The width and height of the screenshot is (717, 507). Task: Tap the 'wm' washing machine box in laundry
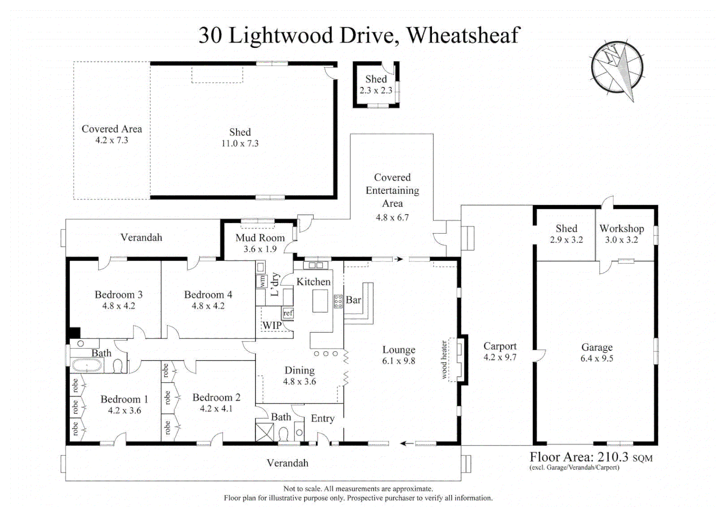click(x=262, y=281)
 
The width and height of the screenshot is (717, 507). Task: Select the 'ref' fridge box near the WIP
click(x=288, y=313)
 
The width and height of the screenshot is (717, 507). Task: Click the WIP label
click(x=272, y=325)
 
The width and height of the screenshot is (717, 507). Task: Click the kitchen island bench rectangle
click(x=320, y=300)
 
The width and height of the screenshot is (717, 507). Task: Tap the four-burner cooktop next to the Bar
click(x=338, y=301)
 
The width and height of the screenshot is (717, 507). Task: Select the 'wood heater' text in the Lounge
click(x=444, y=360)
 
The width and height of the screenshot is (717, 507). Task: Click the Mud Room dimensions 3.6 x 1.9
click(x=260, y=249)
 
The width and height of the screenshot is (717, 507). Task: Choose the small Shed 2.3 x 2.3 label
click(x=376, y=84)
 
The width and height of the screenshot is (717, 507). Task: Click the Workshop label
click(x=622, y=228)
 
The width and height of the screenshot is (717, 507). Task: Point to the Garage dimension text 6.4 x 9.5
click(x=597, y=358)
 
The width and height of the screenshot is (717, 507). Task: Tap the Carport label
click(x=500, y=346)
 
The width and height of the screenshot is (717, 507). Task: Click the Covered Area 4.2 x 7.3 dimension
click(x=112, y=140)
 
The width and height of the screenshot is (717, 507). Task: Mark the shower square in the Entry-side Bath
click(x=264, y=432)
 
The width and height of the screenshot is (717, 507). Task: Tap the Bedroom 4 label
click(x=208, y=294)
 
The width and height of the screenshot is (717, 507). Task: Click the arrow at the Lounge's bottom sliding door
click(x=407, y=443)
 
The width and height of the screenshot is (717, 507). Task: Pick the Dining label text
click(x=300, y=370)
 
